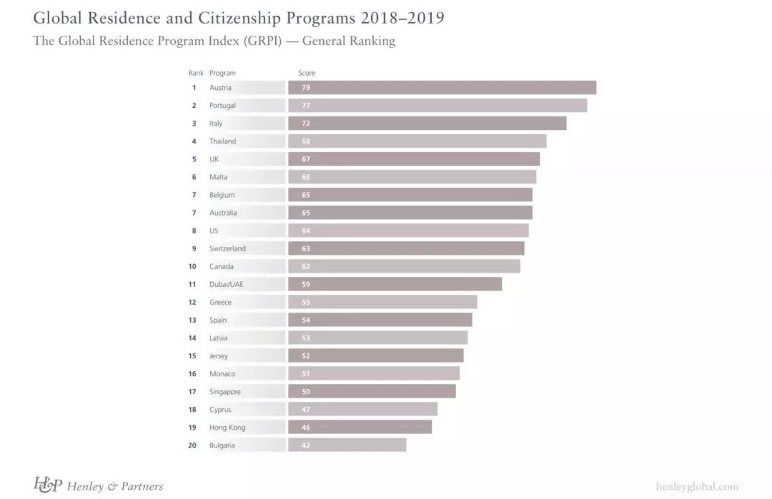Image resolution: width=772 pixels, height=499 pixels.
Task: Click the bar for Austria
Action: pos(442,88)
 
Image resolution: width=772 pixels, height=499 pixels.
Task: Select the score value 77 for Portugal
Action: pos(306,106)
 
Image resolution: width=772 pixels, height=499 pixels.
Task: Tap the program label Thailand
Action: pos(222,141)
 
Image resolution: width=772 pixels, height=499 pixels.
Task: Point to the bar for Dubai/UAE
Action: pos(395,284)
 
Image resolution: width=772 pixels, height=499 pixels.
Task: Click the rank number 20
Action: pos(192,445)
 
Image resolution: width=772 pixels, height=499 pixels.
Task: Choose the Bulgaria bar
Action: pos(347,445)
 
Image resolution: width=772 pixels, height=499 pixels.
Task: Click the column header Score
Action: pos(307,73)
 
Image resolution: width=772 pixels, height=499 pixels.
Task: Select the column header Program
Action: pos(222,73)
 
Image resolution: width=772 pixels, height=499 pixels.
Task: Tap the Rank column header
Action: pos(196,73)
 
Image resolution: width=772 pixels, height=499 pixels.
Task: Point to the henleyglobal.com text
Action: pos(697,487)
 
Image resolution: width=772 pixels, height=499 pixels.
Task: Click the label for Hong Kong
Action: pos(227,428)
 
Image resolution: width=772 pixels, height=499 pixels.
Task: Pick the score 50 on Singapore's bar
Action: pos(306,392)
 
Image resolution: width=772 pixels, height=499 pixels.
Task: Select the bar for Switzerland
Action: pos(406,248)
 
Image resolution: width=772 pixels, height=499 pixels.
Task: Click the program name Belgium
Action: pos(222,195)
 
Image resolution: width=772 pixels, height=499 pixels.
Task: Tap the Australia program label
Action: pos(223,213)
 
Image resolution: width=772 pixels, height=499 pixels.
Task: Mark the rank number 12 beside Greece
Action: pos(192,302)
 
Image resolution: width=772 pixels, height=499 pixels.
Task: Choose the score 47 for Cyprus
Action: pos(306,410)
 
